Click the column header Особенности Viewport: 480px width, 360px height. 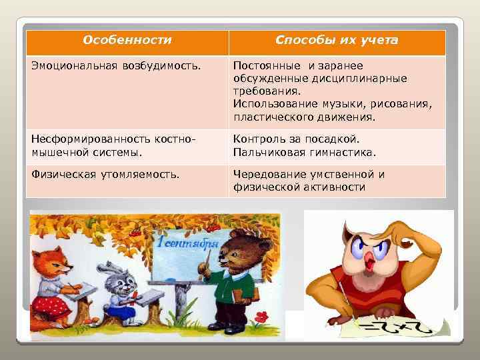point(127,41)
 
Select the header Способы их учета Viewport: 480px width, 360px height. point(337,41)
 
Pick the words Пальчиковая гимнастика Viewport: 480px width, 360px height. point(304,152)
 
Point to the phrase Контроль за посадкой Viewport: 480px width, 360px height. point(296,139)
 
